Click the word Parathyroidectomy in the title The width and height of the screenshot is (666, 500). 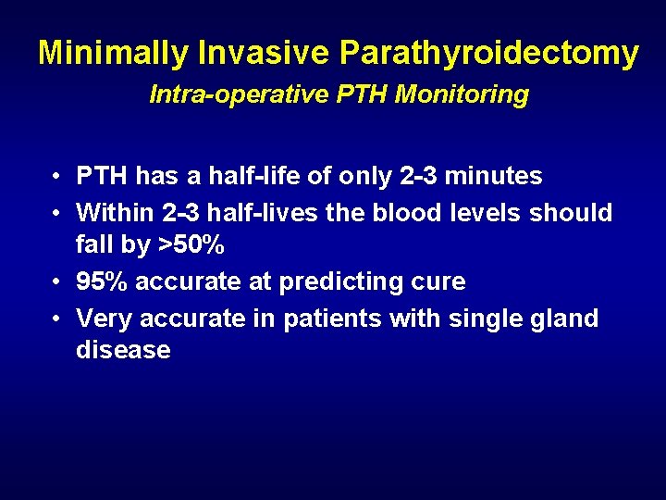[488, 54]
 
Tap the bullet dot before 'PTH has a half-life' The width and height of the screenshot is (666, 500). [57, 176]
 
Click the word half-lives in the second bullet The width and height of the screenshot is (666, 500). [263, 213]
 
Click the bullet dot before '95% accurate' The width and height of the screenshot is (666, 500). [57, 282]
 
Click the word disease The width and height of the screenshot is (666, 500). [123, 350]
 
